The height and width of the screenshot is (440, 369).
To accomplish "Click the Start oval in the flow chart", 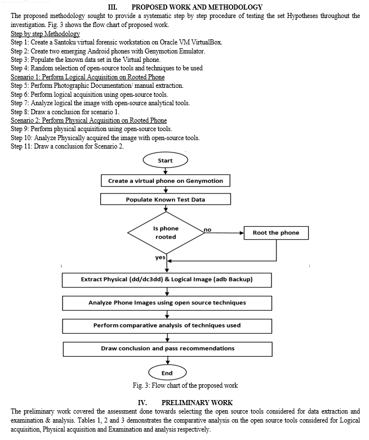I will [x=165, y=160].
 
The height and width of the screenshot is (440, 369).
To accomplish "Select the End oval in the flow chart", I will [x=167, y=373].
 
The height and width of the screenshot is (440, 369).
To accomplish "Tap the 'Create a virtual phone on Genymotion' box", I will [x=166, y=181].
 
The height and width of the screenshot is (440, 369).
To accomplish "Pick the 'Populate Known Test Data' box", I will [x=166, y=200].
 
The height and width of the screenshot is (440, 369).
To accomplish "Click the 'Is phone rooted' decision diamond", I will [x=165, y=233].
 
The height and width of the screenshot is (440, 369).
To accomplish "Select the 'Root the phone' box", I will [x=275, y=233].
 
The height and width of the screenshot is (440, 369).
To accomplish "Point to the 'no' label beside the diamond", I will [x=207, y=230].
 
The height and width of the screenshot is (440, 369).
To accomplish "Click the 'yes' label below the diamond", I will [x=160, y=257].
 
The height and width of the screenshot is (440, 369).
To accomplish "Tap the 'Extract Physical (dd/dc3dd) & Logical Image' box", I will [x=166, y=279].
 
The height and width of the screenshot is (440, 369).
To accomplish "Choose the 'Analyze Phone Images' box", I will [x=166, y=303].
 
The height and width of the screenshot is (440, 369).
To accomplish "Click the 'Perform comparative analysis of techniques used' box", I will [x=167, y=325].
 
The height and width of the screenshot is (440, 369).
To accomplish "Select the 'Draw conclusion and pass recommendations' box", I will [x=167, y=348].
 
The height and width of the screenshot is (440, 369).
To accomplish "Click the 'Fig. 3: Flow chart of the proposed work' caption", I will [x=184, y=385].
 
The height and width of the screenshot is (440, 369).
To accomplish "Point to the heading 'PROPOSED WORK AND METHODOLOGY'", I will [x=197, y=7].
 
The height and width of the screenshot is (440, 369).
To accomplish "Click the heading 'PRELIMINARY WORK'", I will [x=197, y=403].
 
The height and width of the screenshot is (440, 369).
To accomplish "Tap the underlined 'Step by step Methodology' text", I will [x=45, y=34].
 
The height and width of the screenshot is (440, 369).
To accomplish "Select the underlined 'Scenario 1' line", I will [x=87, y=77].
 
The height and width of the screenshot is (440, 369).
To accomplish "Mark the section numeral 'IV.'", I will [x=143, y=403].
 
